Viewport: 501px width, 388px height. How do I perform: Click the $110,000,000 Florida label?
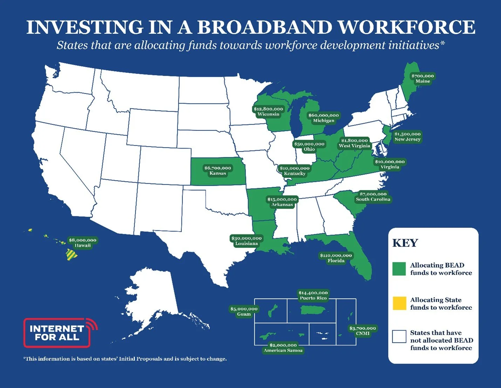[x=336, y=258]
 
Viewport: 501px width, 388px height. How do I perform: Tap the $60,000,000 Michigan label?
[x=323, y=118]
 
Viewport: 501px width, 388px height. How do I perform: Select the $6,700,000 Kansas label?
[x=218, y=171]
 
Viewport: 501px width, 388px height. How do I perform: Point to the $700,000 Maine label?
[x=423, y=78]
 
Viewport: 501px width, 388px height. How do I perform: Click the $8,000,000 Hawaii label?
[x=82, y=243]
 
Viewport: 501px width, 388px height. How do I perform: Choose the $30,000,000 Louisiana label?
[x=246, y=241]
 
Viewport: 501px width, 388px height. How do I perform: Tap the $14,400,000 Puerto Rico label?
[x=313, y=295]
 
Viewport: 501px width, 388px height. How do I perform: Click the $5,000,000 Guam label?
[x=244, y=311]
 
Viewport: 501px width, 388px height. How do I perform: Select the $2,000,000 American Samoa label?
[x=283, y=348]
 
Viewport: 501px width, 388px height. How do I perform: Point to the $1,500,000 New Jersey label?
[x=407, y=137]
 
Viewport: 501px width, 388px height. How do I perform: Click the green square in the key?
[x=399, y=269]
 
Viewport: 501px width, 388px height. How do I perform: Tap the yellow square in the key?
[x=399, y=303]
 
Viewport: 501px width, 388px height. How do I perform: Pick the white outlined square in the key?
[x=399, y=336]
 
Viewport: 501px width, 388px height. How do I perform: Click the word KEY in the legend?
[x=405, y=243]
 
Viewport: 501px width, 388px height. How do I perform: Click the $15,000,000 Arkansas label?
[x=282, y=202]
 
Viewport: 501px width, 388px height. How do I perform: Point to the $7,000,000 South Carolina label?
[x=373, y=197]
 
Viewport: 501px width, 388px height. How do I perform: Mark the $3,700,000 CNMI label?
[x=363, y=331]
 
